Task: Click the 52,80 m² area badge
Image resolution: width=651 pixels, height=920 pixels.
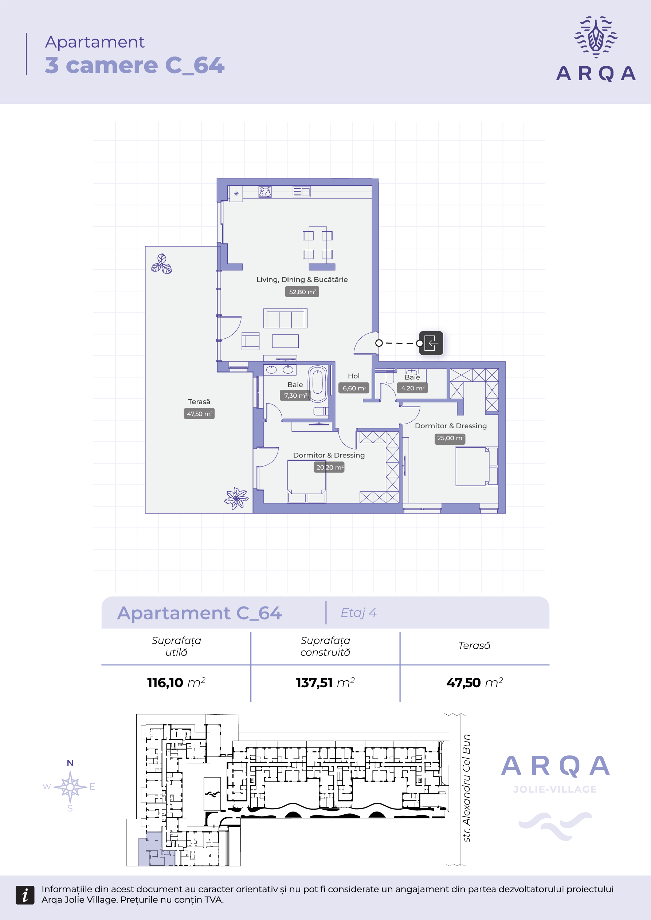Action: click(x=302, y=292)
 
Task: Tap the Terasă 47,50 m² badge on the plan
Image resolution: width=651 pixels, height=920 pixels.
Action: click(x=199, y=413)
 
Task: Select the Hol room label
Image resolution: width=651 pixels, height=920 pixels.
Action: click(x=354, y=376)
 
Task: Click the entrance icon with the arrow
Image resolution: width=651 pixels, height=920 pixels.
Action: click(x=431, y=343)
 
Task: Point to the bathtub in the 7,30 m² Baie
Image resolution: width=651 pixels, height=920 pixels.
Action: click(x=318, y=384)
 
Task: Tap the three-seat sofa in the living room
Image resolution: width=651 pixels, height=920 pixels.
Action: click(x=285, y=318)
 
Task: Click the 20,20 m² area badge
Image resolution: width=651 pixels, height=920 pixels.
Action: click(x=329, y=467)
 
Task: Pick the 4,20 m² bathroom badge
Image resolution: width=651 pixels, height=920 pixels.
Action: click(x=412, y=388)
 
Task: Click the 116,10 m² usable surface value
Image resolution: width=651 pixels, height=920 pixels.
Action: click(x=176, y=683)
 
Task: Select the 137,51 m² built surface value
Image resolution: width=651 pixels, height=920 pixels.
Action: click(x=325, y=683)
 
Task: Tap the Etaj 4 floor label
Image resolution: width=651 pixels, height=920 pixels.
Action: click(x=359, y=613)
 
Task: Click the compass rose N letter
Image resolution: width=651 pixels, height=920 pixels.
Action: click(x=70, y=763)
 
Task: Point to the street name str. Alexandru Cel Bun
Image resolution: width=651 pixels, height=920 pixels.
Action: click(x=466, y=788)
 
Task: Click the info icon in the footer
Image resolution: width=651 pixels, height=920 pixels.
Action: click(x=25, y=895)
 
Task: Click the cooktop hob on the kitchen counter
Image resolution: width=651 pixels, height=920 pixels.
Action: click(x=265, y=192)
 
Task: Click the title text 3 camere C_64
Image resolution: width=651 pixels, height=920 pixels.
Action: click(x=135, y=65)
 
